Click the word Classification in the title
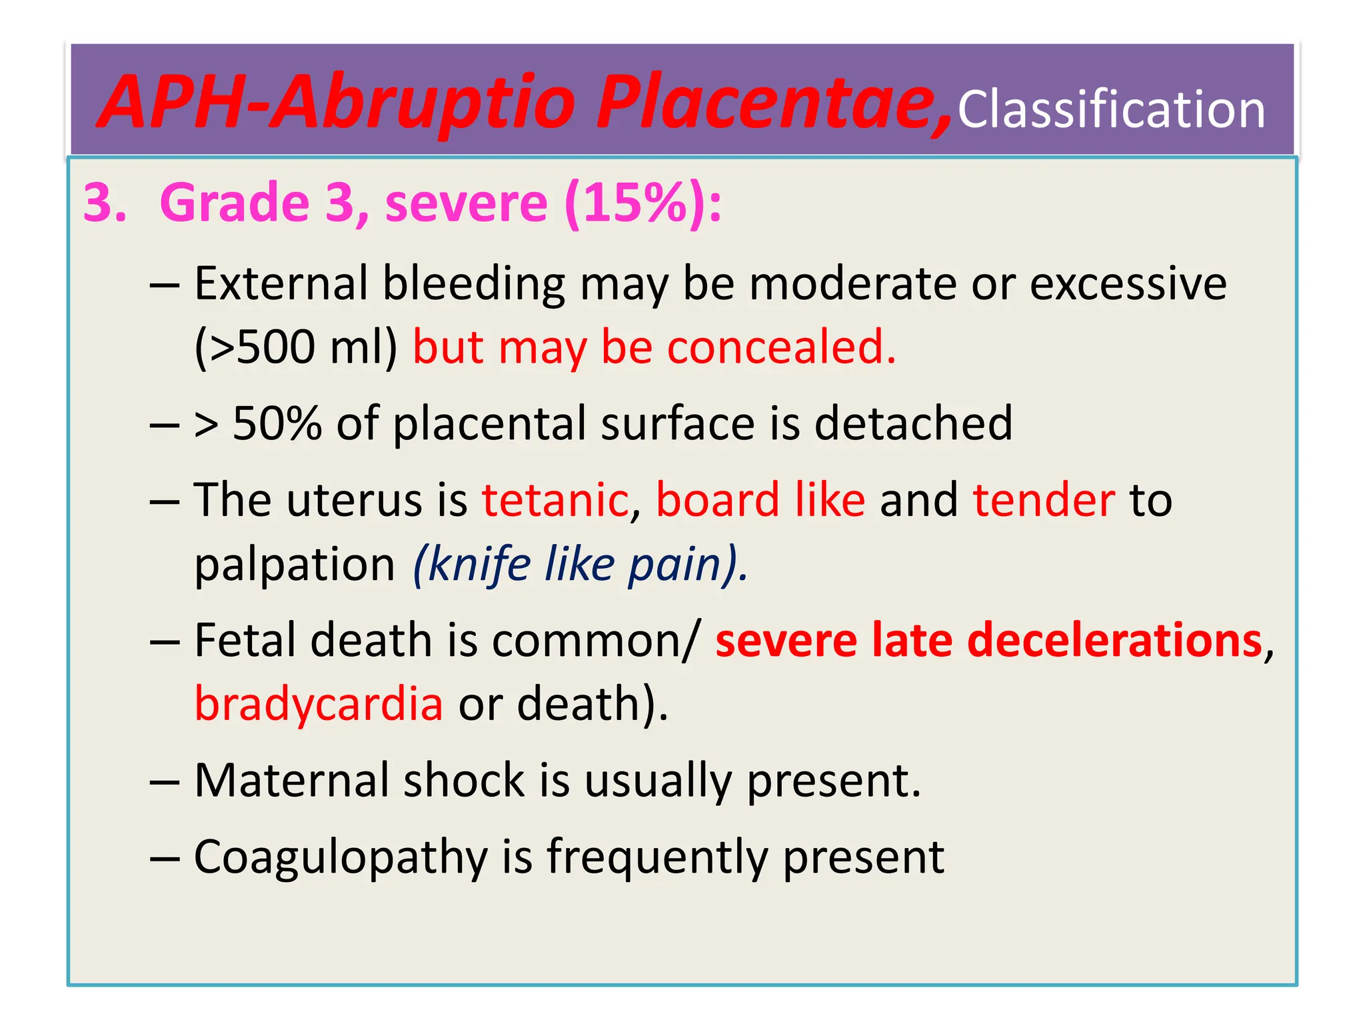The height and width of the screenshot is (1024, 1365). pos(1111,109)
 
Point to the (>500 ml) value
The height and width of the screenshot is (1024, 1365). pos(296,347)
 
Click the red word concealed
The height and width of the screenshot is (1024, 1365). pos(781,347)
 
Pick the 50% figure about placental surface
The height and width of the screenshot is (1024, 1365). pos(277,423)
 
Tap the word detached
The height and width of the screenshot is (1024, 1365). pos(913,423)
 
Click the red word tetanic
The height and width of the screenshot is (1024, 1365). pos(555,499)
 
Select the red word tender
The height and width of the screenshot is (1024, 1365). pos(1044,499)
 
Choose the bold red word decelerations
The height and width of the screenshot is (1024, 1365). pos(1114,640)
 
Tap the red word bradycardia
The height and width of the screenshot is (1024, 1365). pos(319,704)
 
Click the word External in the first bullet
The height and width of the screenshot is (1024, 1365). pos(281,283)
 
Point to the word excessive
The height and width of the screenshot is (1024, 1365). pos(1128,283)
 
